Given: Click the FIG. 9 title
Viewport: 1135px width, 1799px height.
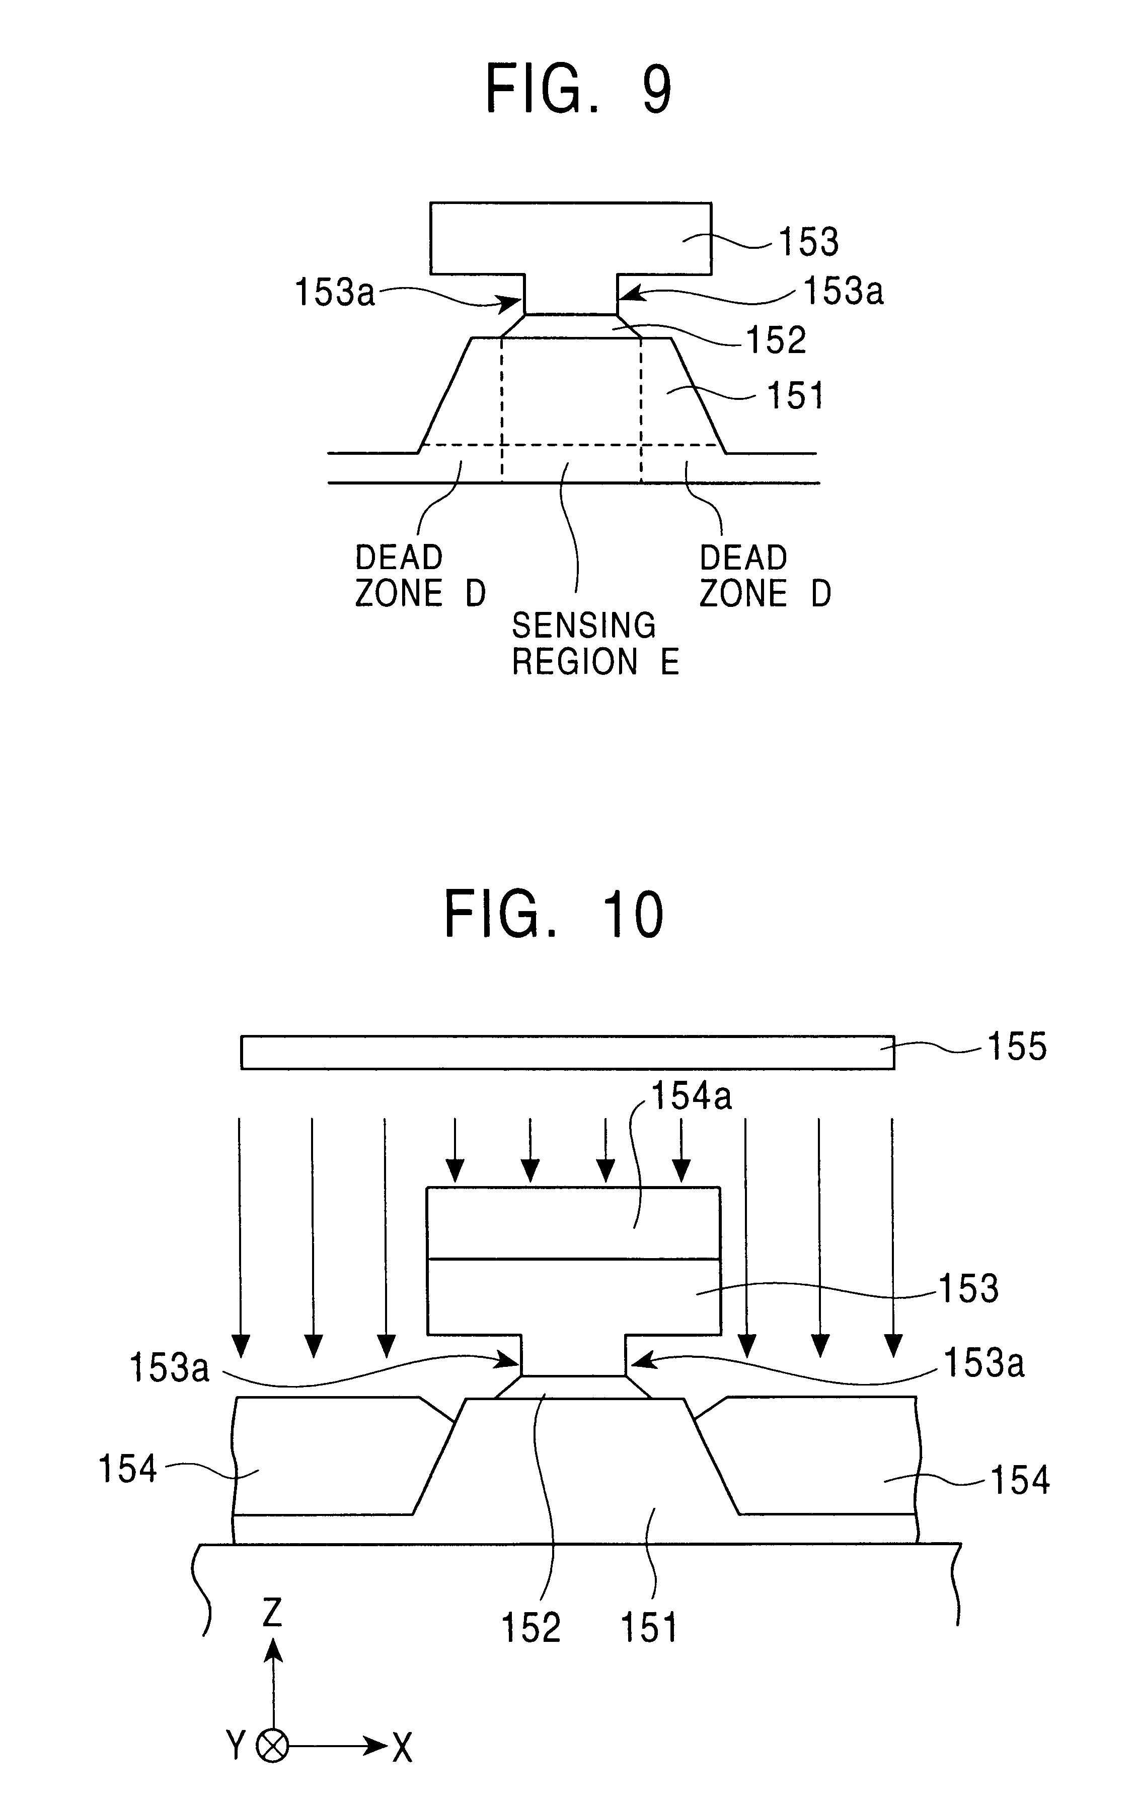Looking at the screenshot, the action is tap(579, 88).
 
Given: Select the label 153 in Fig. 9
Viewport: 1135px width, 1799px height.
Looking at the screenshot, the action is tap(809, 242).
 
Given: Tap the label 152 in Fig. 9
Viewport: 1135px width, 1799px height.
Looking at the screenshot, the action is tap(777, 340).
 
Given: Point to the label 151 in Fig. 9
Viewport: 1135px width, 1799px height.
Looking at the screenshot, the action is tap(796, 395).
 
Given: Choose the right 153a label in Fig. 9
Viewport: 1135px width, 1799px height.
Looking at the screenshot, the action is tap(843, 291).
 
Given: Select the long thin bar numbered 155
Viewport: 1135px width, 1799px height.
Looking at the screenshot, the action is tap(568, 1052).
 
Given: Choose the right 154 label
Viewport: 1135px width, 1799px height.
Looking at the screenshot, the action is tap(1020, 1480).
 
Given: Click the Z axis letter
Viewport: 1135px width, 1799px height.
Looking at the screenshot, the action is tap(272, 1613).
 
